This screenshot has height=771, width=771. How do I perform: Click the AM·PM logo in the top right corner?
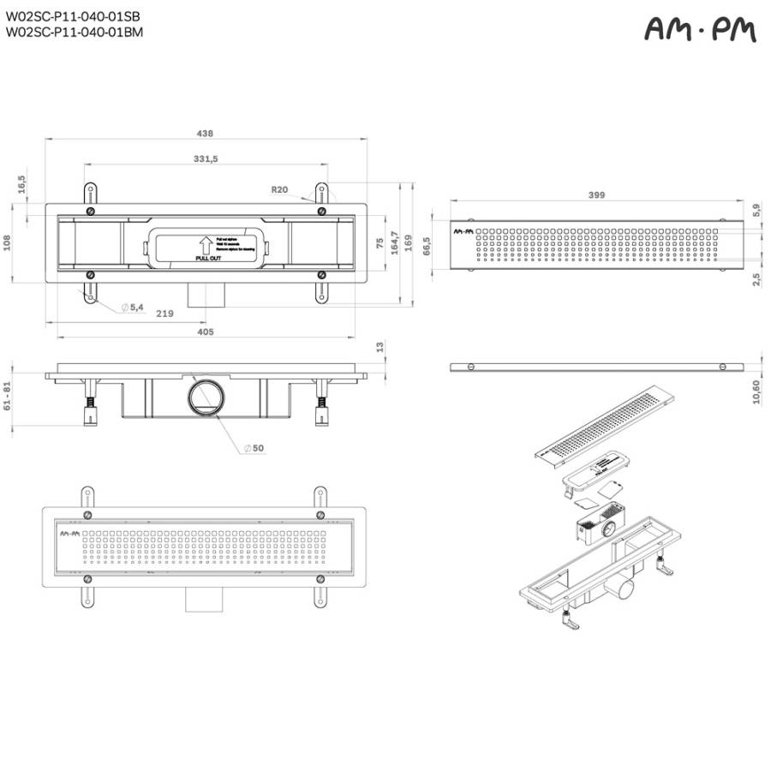[x=700, y=31]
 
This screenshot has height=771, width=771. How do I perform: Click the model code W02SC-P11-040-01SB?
[x=73, y=16]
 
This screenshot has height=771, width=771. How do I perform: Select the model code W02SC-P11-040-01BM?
[x=74, y=33]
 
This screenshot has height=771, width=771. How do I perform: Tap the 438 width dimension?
[x=205, y=133]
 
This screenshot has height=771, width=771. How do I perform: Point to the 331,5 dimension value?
[x=206, y=158]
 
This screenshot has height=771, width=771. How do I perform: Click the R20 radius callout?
[x=278, y=189]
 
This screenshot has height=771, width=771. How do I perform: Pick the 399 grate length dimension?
[x=597, y=195]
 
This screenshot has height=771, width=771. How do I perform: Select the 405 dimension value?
[x=205, y=331]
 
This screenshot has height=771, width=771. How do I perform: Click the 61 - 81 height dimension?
[x=9, y=396]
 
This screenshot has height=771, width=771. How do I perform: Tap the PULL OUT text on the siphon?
[x=208, y=258]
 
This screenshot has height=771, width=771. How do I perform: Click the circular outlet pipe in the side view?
[x=206, y=396]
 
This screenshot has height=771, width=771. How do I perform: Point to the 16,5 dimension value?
[x=21, y=184]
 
